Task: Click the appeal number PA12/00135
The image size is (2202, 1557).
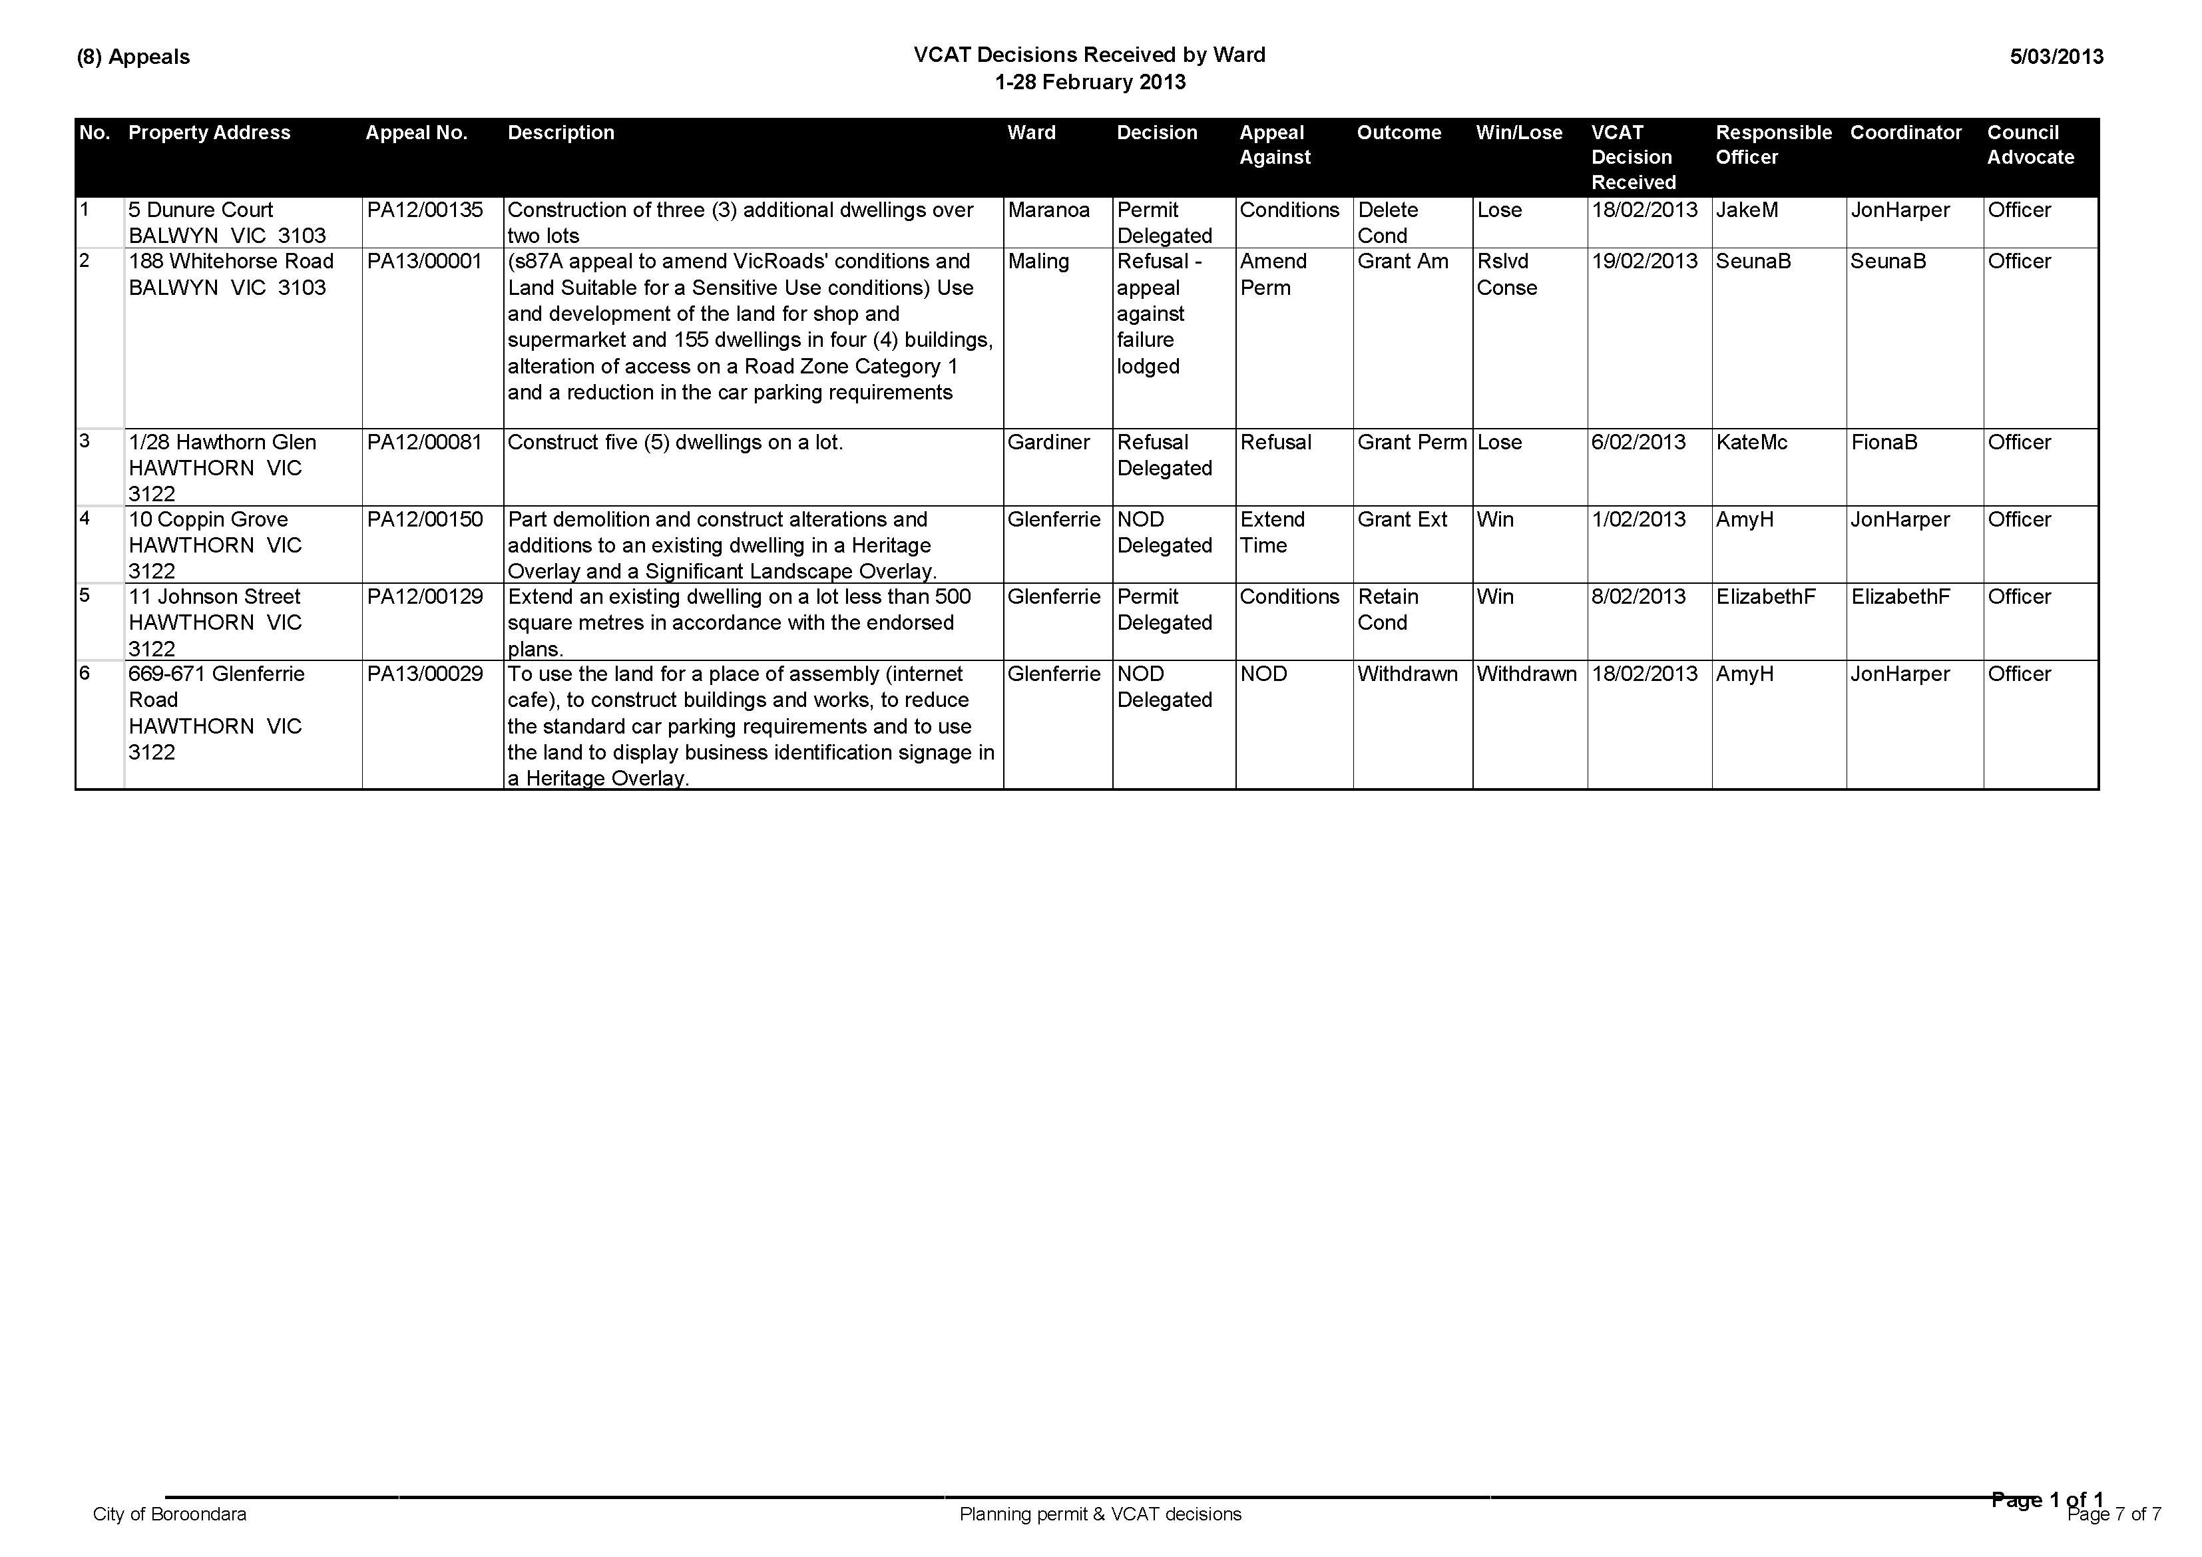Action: point(425,210)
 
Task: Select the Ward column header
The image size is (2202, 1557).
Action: point(1031,133)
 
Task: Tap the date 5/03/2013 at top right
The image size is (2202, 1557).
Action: point(2056,57)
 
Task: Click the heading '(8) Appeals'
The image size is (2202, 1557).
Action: point(133,57)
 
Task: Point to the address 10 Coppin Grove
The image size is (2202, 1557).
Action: point(208,520)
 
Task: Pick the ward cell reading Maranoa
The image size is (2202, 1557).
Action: point(1048,210)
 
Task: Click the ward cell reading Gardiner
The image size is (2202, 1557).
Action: point(1048,442)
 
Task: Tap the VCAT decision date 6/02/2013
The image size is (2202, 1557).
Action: point(1638,442)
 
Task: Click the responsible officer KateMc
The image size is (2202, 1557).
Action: point(1751,442)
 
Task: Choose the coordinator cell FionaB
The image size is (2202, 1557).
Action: point(1884,442)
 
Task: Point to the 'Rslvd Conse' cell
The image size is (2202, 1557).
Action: point(1506,274)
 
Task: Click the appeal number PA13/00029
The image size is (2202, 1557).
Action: point(425,674)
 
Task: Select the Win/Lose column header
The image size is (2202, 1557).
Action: point(1519,133)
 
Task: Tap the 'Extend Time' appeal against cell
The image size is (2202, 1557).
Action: point(1273,533)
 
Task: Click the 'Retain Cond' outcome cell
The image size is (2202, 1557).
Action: point(1388,609)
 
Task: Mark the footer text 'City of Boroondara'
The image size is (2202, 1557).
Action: point(170,1514)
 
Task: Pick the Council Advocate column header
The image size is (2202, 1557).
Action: point(2030,145)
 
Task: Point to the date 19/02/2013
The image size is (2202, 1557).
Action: point(1644,262)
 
